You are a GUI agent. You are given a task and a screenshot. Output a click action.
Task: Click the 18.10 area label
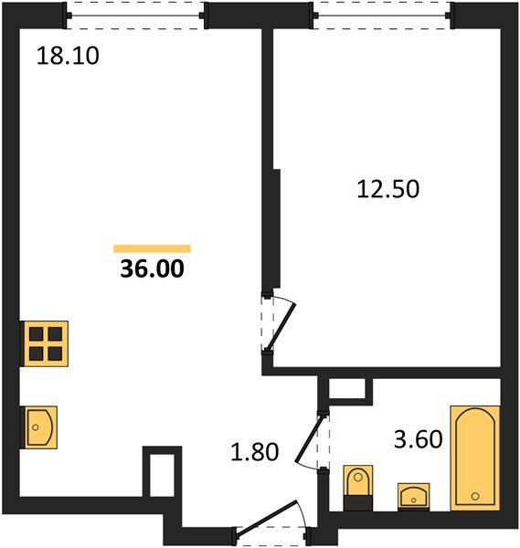[x=68, y=56]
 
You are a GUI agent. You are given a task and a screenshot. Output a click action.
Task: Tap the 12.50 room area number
[x=387, y=189]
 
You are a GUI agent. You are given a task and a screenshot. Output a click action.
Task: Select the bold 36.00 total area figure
[x=152, y=269]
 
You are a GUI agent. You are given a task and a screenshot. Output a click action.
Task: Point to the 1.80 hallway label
[x=255, y=451]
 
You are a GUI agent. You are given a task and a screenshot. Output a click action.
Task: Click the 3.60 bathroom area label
[x=419, y=439]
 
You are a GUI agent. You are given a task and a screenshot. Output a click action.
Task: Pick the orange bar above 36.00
[x=152, y=248]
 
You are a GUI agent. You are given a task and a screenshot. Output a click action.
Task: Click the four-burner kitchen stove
[x=45, y=343]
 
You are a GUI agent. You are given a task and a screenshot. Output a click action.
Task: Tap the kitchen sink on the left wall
[x=38, y=427]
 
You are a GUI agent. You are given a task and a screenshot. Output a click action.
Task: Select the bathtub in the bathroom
[x=475, y=458]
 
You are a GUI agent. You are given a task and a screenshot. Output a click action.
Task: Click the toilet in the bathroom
[x=358, y=488]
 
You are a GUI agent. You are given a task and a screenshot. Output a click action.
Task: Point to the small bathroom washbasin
[x=414, y=496]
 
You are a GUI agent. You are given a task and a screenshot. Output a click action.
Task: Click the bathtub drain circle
[x=475, y=496]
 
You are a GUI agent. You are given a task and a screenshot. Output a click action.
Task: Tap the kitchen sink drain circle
[x=36, y=427]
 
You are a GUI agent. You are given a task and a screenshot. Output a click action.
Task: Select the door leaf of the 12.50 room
[x=281, y=327]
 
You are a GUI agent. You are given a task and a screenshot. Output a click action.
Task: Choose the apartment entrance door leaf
[x=267, y=518]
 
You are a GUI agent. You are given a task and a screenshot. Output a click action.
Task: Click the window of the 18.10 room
[x=135, y=16]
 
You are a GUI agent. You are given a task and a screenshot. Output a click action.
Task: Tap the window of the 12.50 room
[x=381, y=16]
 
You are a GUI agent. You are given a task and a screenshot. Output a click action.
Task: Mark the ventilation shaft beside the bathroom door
[x=347, y=389]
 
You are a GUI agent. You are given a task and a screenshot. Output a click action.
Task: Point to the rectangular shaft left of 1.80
[x=162, y=473]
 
